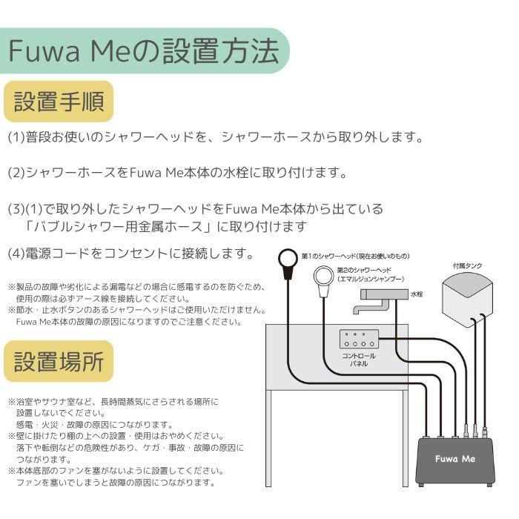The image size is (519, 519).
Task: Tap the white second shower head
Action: (x=324, y=279)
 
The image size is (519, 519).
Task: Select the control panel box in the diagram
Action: (x=358, y=340)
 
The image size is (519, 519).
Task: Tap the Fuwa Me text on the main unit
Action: (x=455, y=459)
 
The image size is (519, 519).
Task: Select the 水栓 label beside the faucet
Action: (x=418, y=294)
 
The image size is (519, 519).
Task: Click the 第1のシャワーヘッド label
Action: (x=355, y=256)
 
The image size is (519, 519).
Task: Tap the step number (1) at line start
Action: (x=16, y=138)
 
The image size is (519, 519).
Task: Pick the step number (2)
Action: (x=16, y=173)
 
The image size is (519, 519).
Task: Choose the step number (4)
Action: (x=16, y=254)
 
